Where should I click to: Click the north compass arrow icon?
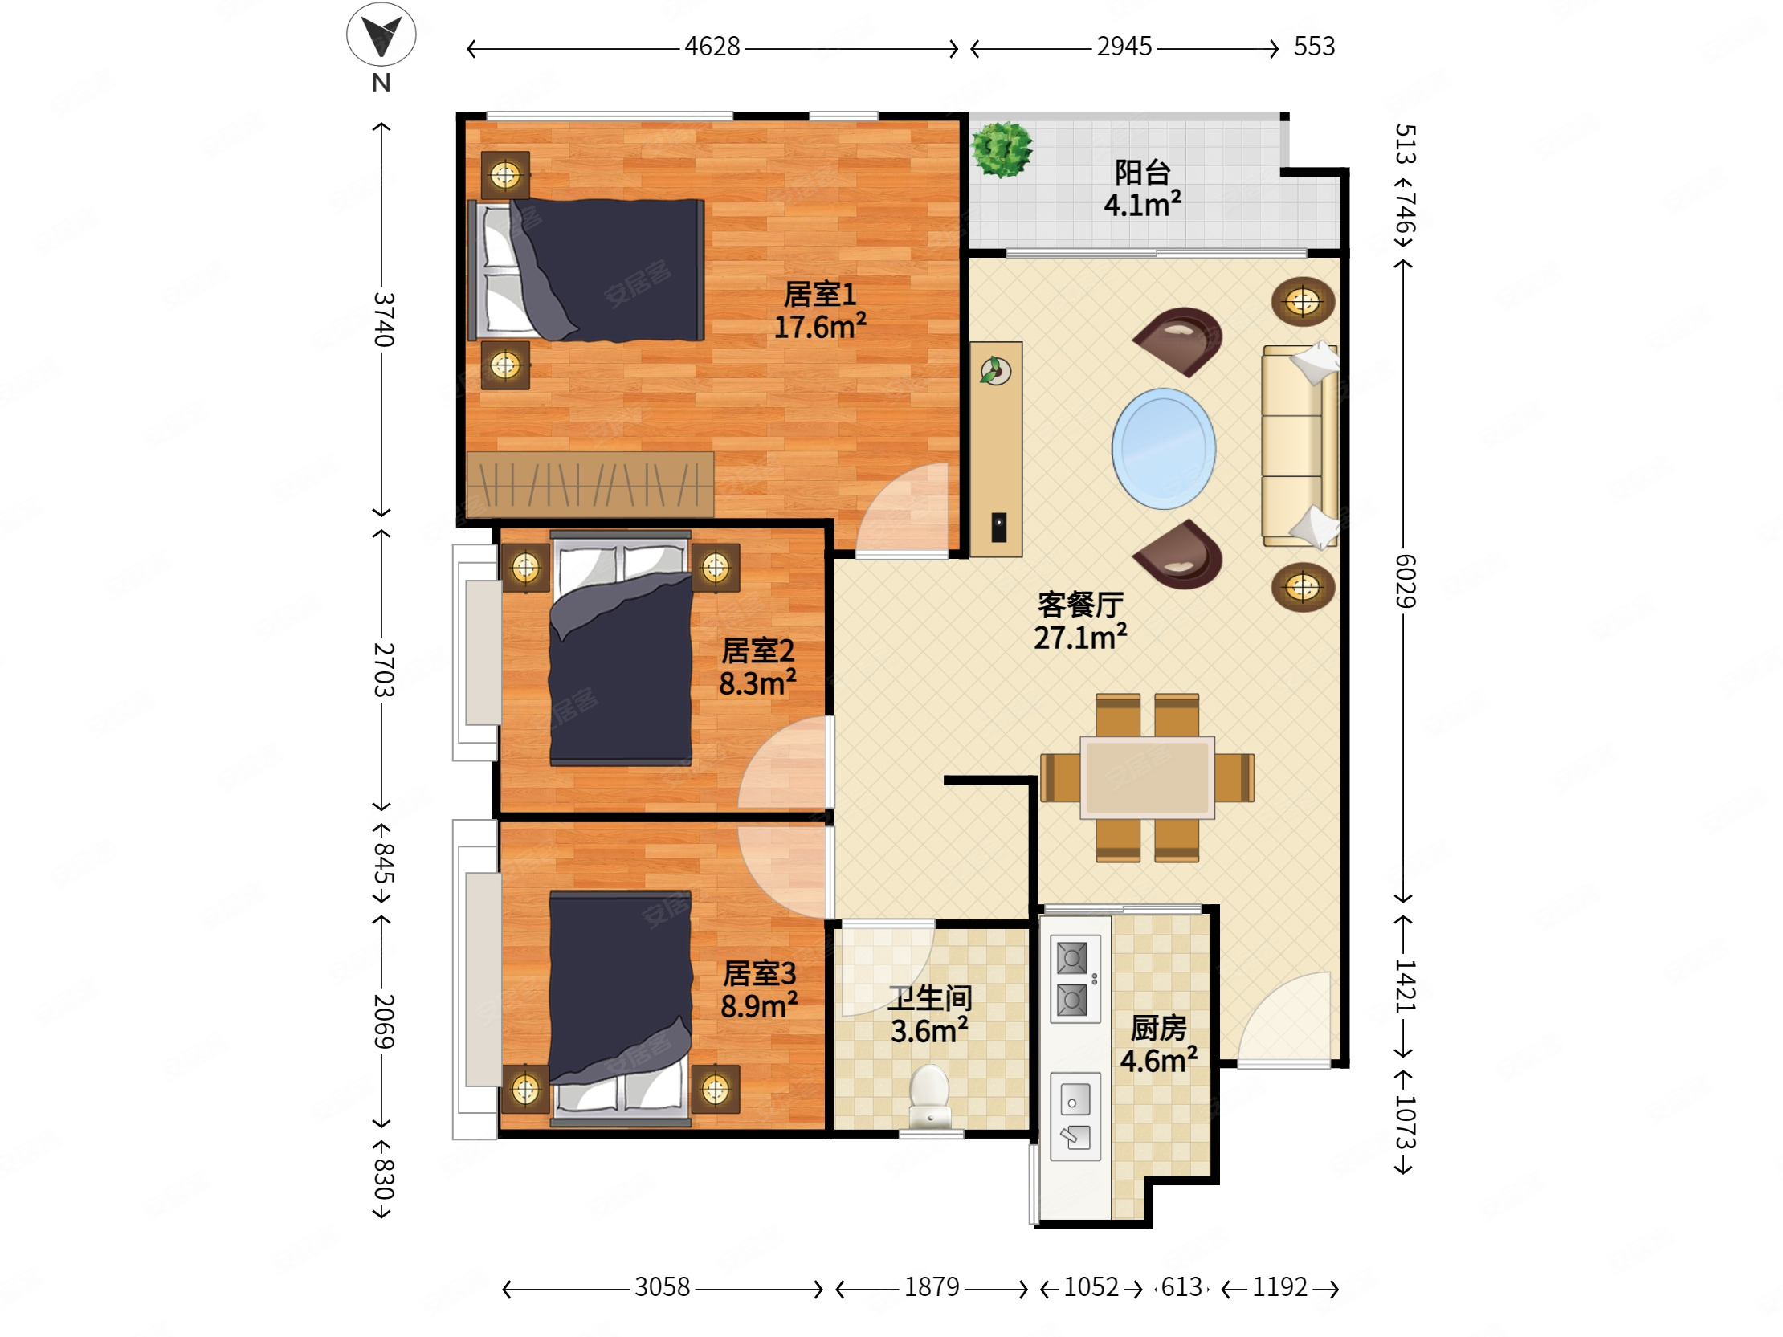(x=381, y=35)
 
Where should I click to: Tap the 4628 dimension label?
(x=712, y=47)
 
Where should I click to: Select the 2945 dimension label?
(x=1124, y=47)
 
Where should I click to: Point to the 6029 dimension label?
(x=1405, y=581)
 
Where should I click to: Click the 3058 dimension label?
(x=662, y=1287)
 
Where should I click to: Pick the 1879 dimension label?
(x=931, y=1287)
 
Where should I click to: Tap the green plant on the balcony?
(x=1002, y=149)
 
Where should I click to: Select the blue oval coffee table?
(x=1163, y=449)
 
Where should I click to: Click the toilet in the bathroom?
(x=930, y=1097)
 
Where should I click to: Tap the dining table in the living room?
(x=1147, y=777)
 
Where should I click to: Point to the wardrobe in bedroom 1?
(x=590, y=483)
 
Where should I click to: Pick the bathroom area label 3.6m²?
(x=928, y=1031)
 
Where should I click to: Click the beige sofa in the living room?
(x=1300, y=446)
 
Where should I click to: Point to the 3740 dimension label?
(x=384, y=319)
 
